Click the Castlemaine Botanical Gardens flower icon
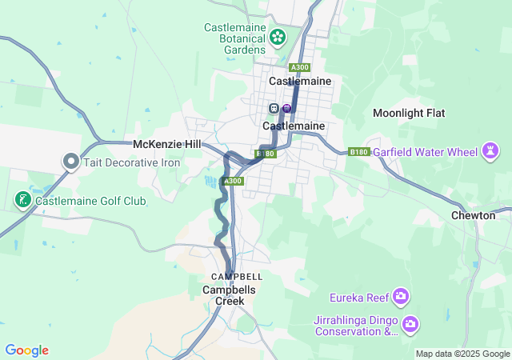point(278,37)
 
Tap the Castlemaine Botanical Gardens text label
point(234,38)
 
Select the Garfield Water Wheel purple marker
point(490,150)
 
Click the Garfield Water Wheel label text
point(424,151)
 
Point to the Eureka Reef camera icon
point(401,298)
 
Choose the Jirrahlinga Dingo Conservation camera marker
point(410,324)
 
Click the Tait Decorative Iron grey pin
point(70,162)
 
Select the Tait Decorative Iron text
point(130,162)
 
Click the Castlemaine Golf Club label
point(90,201)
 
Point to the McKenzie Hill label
point(166,144)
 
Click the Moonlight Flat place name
point(409,114)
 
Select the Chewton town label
point(473,215)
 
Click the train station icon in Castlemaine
point(274,108)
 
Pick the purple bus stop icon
point(286,108)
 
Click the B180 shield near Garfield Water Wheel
point(358,151)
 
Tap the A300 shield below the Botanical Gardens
point(300,67)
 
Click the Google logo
point(26,350)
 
